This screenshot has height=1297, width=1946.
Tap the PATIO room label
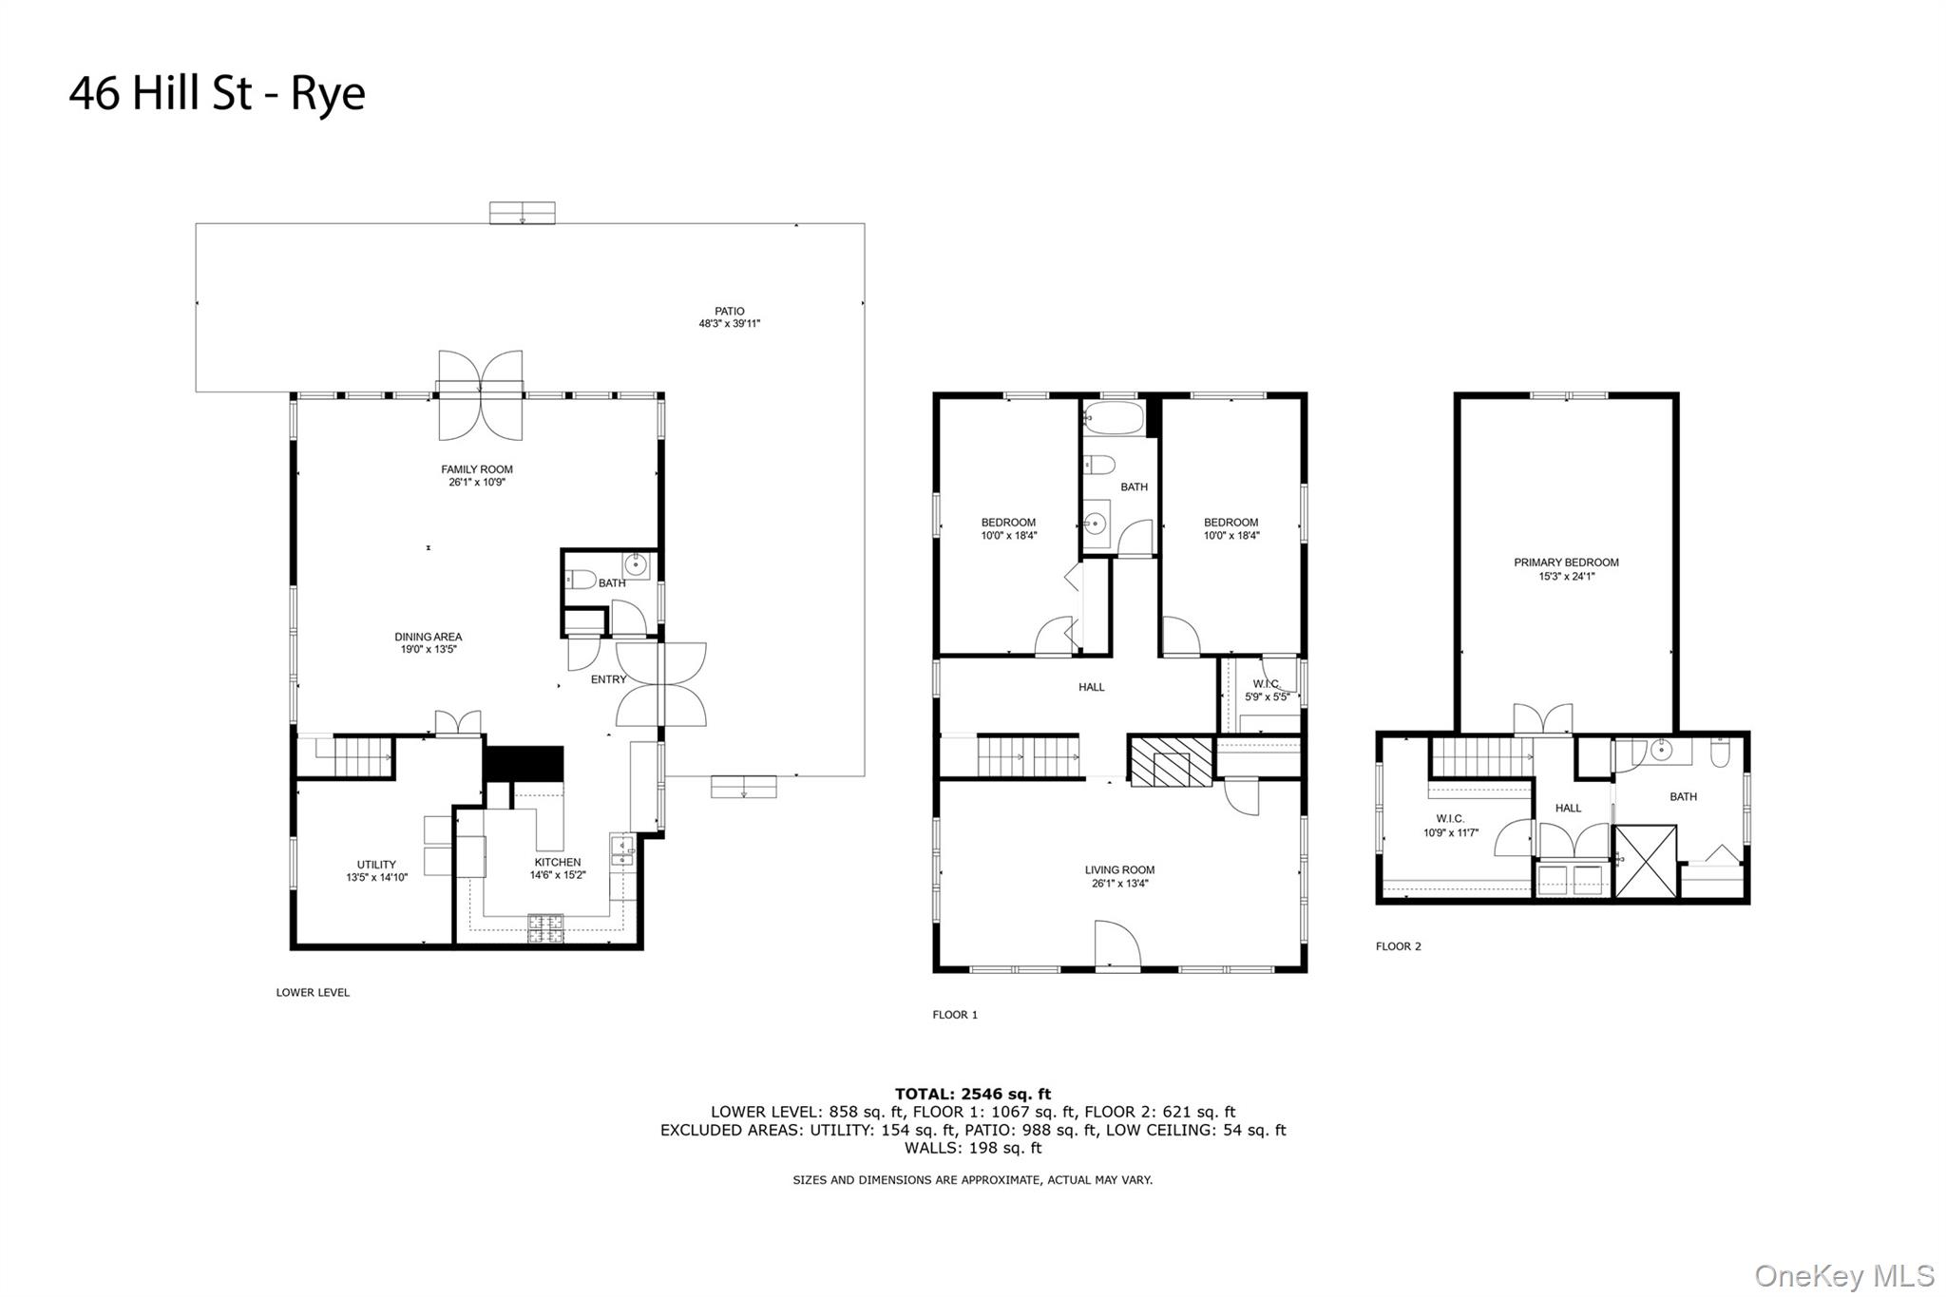click(730, 312)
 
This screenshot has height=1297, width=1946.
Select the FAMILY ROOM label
click(477, 469)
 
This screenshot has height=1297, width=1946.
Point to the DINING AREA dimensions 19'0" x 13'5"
click(429, 650)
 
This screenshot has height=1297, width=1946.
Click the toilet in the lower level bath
click(581, 579)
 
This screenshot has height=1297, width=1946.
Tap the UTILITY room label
click(376, 865)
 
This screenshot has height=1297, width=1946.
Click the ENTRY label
click(608, 679)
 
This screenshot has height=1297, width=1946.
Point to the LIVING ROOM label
click(1120, 870)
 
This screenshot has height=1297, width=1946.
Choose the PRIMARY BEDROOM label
click(1566, 563)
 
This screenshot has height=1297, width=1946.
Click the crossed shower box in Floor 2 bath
click(1646, 862)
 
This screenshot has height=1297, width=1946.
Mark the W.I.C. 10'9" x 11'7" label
click(1450, 826)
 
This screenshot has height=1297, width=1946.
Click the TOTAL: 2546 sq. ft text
click(973, 1095)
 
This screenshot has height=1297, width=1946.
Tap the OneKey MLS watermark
click(1844, 1275)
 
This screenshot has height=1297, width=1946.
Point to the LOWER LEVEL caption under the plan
click(313, 992)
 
